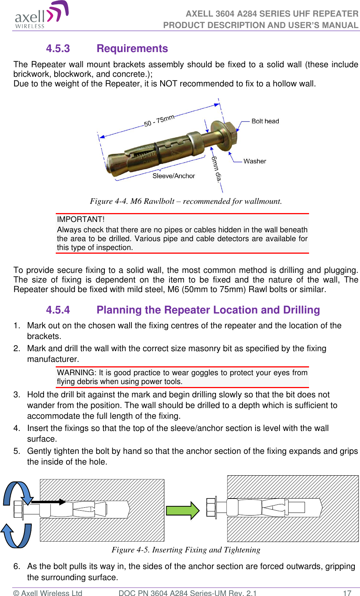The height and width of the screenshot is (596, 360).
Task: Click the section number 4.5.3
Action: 58,49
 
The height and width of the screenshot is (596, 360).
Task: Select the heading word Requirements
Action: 132,49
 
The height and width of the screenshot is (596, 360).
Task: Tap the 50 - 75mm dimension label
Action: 159,121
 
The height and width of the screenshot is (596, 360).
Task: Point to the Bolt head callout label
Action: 265,121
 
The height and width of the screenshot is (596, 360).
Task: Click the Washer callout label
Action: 255,161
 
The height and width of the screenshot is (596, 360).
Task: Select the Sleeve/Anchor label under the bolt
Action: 174,176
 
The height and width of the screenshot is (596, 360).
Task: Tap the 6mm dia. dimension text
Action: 217,168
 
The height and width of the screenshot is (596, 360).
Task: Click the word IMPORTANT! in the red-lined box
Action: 81,219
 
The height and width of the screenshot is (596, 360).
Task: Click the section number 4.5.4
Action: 58,310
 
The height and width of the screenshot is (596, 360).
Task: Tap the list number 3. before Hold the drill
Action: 17,395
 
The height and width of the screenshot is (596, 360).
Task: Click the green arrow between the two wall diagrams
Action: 182,511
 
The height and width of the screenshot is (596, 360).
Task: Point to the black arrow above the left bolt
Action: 48,502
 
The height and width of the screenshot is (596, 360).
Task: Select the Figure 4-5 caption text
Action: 186,550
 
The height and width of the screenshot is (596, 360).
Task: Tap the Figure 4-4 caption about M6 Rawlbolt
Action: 186,201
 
